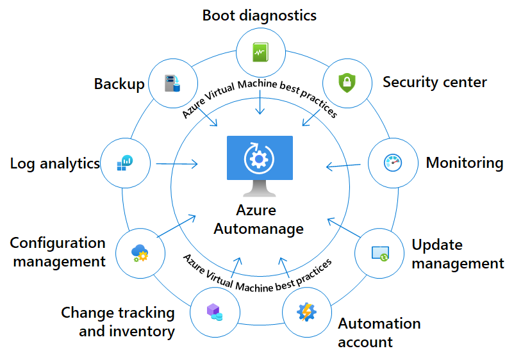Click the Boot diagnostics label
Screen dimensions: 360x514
pyautogui.click(x=260, y=15)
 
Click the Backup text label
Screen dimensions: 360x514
pyautogui.click(x=119, y=84)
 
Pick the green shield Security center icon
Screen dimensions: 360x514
pyautogui.click(x=347, y=83)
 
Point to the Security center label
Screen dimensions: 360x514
pyautogui.click(x=435, y=82)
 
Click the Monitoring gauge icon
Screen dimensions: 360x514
pyautogui.click(x=392, y=163)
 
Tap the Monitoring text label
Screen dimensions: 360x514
pyautogui.click(x=464, y=163)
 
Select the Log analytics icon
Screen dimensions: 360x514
pyautogui.click(x=125, y=163)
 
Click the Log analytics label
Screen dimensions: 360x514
pyautogui.click(x=55, y=163)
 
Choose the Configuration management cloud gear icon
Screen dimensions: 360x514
pyautogui.click(x=140, y=252)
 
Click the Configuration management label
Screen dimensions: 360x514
pyautogui.click(x=58, y=252)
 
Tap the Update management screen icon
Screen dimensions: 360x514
pyautogui.click(x=379, y=252)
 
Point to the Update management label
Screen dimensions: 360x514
pyautogui.click(x=458, y=254)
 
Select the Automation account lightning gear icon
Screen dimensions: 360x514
pyautogui.click(x=306, y=311)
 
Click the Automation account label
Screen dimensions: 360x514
pyautogui.click(x=379, y=332)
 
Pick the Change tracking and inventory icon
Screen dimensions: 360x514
pyautogui.click(x=214, y=312)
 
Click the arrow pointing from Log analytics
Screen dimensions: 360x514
pyautogui.click(x=176, y=165)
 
